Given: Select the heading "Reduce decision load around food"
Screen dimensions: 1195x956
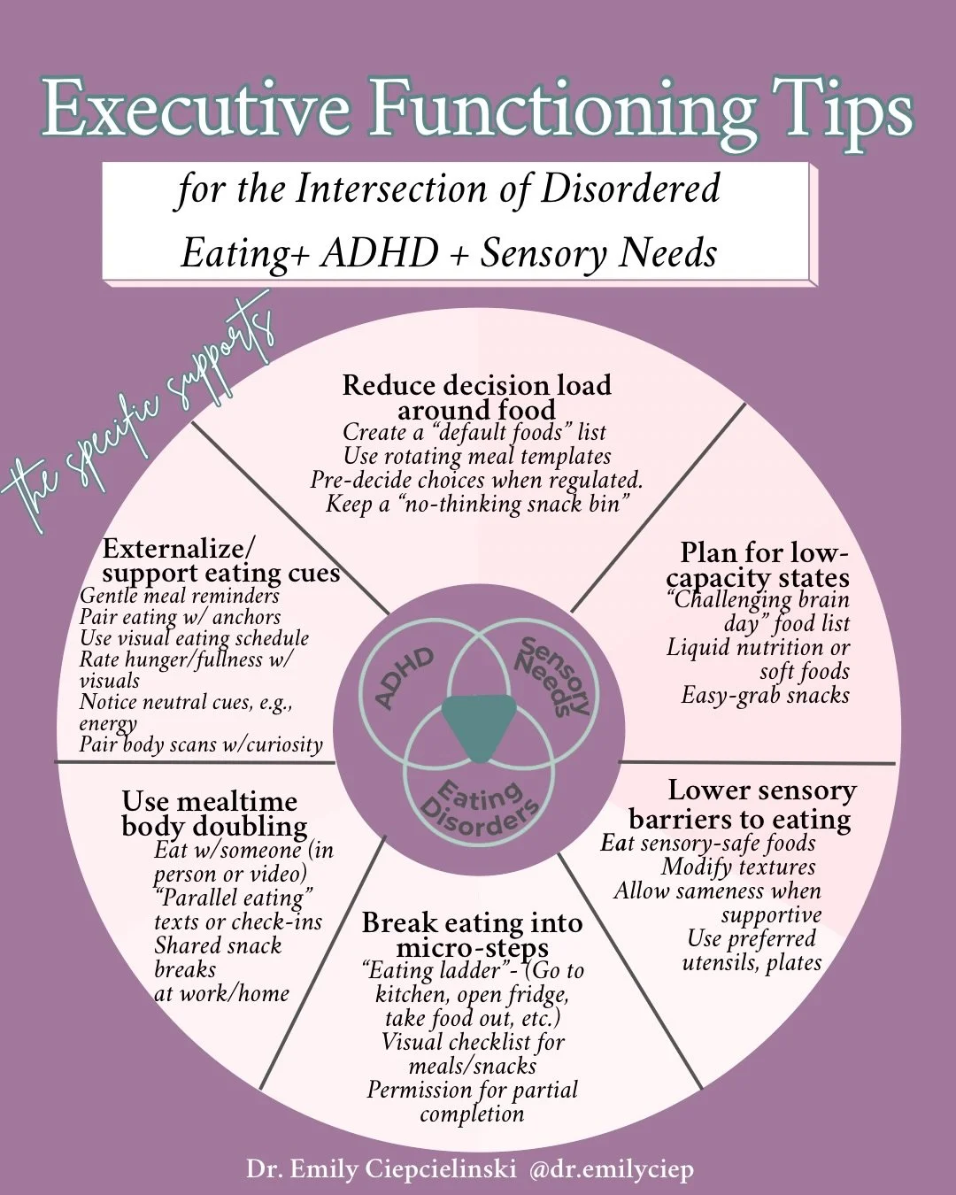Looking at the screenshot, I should pos(476,397).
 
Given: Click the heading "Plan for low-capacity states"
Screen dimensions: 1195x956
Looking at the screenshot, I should pos(759,565).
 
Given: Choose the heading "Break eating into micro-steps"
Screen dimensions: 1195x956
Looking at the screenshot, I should pos(472,935).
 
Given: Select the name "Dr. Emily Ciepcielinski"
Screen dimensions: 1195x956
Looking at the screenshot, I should pos(381,1169).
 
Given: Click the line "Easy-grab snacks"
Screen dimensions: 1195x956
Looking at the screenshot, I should pos(765,695).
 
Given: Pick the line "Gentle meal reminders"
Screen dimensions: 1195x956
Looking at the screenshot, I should pos(179,596).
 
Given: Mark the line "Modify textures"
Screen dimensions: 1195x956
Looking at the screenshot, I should pos(738,867).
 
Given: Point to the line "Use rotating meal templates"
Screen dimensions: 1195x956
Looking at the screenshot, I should pos(477,456).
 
